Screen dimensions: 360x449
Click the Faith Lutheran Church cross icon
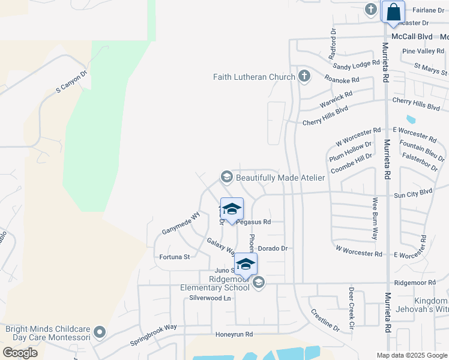pyautogui.click(x=304, y=76)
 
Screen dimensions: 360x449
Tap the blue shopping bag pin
pyautogui.click(x=393, y=12)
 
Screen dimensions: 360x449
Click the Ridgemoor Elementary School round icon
pyautogui.click(x=259, y=282)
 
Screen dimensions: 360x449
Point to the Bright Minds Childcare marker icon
pyautogui.click(x=100, y=332)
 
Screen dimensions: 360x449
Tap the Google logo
pyautogui.click(x=20, y=353)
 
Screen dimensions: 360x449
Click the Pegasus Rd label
pyautogui.click(x=253, y=221)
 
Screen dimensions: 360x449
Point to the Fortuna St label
pyautogui.click(x=174, y=257)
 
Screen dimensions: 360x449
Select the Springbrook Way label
pyautogui.click(x=154, y=336)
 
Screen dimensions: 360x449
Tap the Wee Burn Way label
pyautogui.click(x=375, y=218)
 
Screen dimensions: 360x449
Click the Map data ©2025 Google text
pyautogui.click(x=412, y=355)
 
